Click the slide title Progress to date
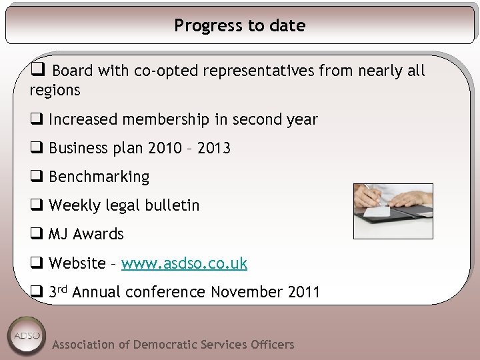tap(240, 26)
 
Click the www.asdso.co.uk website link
tap(184, 263)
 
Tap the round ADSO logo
tap(27, 335)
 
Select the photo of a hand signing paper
tap(393, 211)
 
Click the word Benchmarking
tap(99, 177)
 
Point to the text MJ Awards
tap(86, 235)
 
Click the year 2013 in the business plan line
tap(213, 148)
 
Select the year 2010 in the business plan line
tap(164, 148)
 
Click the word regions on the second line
tap(55, 90)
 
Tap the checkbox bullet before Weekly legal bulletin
tap(36, 205)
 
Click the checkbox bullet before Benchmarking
tap(36, 177)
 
